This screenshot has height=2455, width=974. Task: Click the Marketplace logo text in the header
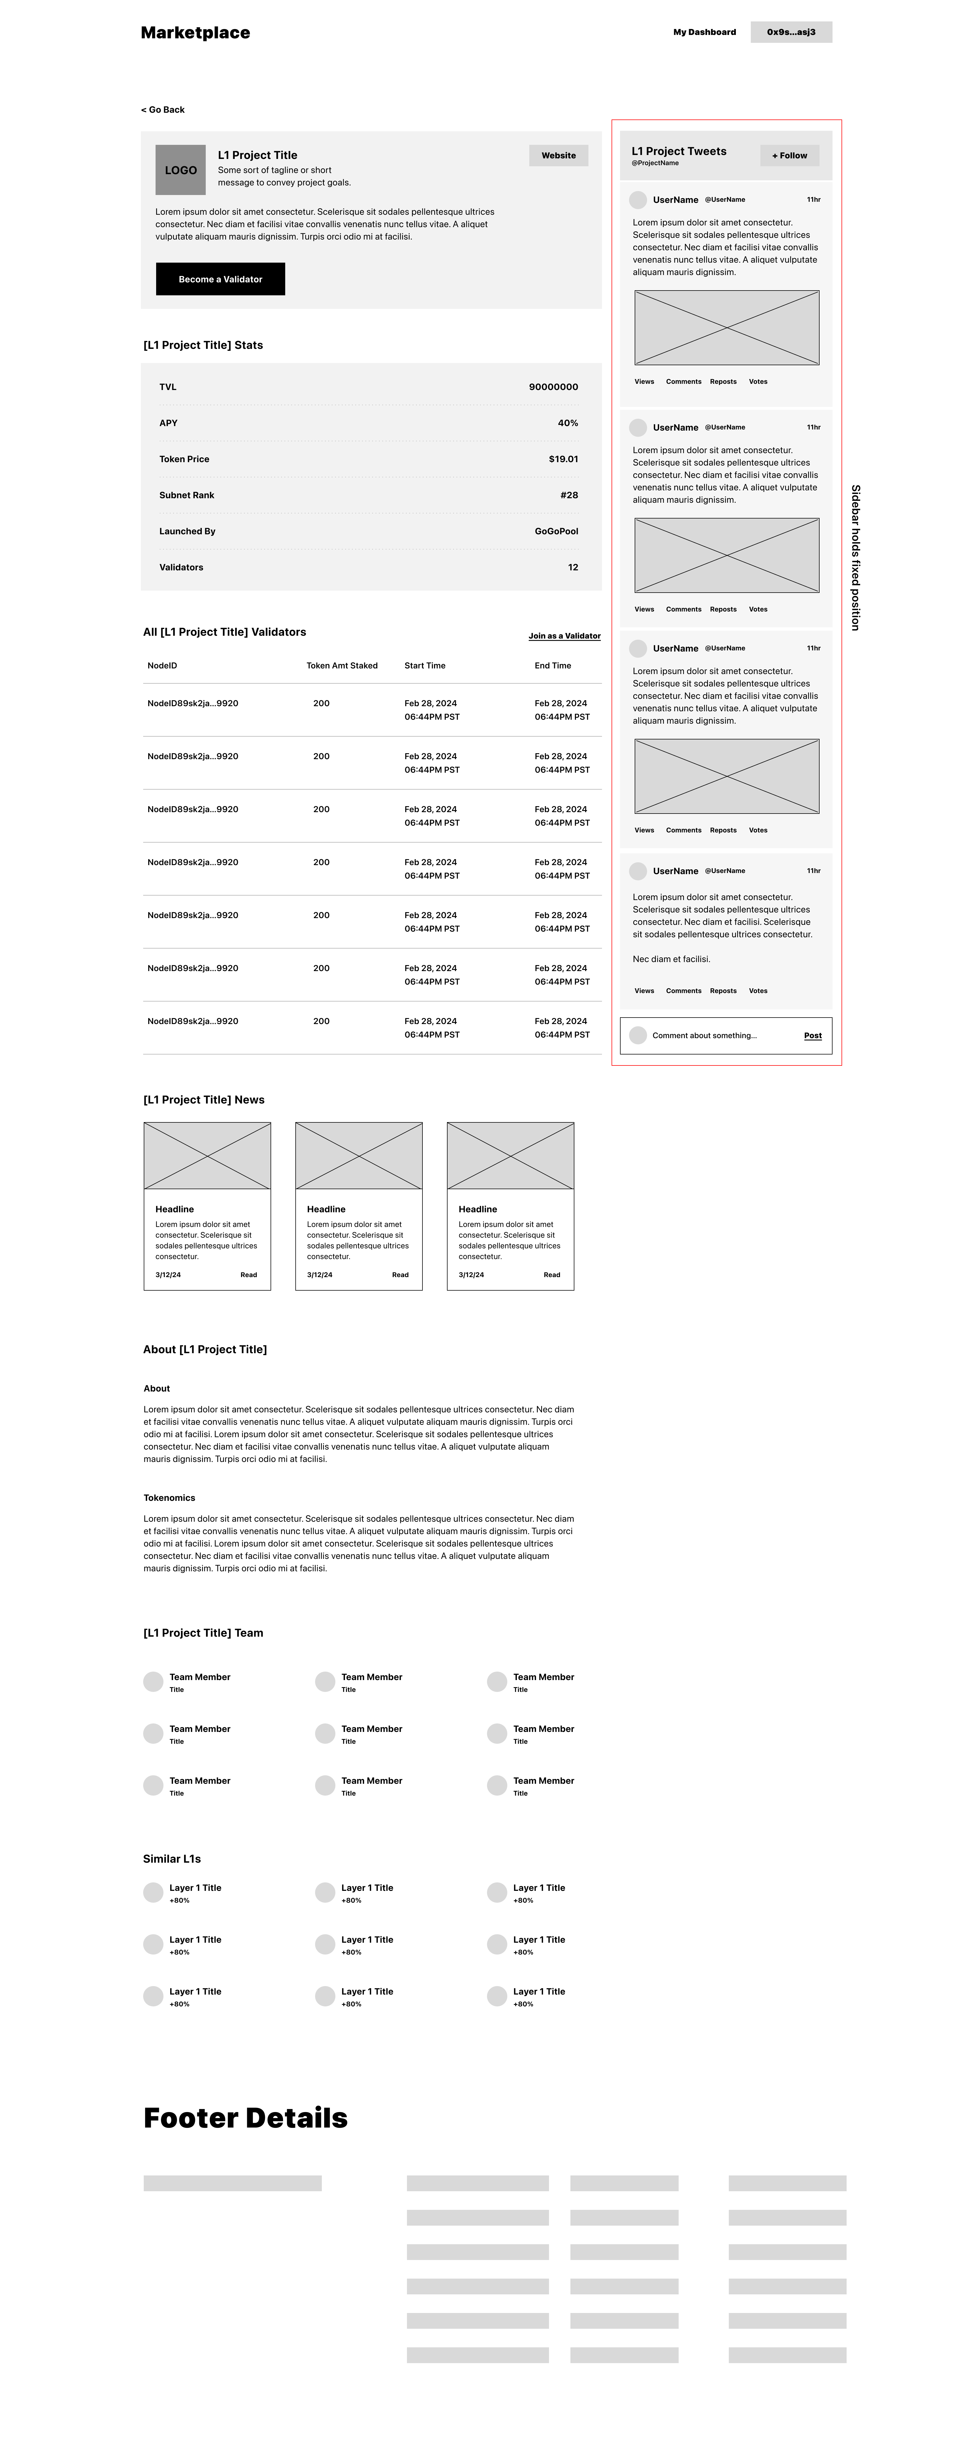coord(195,32)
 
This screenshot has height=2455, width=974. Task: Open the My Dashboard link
coord(704,32)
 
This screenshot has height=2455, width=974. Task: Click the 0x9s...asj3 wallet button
coord(791,32)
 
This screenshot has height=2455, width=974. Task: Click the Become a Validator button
coord(220,279)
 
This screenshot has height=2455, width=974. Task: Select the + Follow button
coord(789,155)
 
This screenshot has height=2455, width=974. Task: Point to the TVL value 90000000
coord(553,387)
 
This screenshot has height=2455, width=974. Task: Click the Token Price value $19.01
coord(563,459)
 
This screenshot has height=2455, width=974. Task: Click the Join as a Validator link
coord(564,636)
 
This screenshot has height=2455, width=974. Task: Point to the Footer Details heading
coord(245,2118)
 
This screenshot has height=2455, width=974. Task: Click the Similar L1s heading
coord(172,1858)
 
